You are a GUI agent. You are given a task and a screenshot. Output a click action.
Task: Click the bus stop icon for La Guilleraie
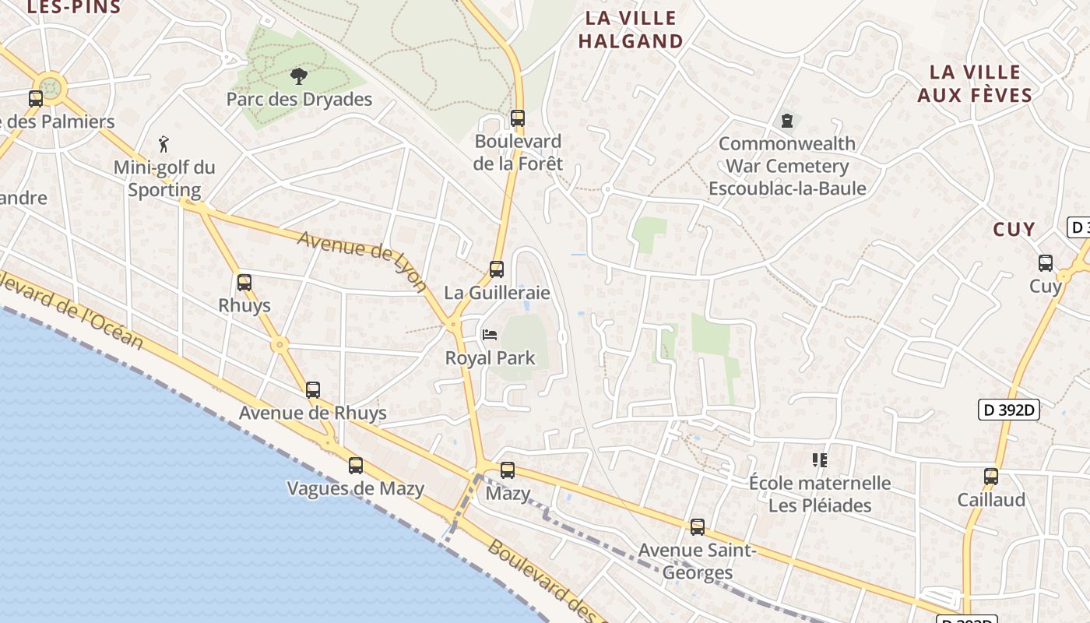[x=497, y=269]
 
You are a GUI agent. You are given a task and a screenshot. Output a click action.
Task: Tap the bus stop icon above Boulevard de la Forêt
[x=518, y=118]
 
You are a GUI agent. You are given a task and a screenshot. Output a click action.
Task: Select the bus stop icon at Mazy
[x=508, y=470]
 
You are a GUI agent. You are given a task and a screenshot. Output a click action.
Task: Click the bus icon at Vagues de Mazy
[x=356, y=466]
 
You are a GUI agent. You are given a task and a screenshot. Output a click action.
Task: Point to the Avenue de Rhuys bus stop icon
[x=313, y=390]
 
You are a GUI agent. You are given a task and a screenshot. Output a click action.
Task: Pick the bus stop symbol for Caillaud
[x=991, y=477]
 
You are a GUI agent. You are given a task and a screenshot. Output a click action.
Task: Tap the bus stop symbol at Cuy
[x=1046, y=263]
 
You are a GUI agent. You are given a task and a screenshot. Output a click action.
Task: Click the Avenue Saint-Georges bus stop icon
[x=698, y=527]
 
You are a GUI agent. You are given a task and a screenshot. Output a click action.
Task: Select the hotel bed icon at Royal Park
[x=490, y=335]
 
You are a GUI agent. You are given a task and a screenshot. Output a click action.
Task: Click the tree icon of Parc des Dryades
[x=298, y=76]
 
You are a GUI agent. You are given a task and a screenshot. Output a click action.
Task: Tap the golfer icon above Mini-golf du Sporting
[x=163, y=144]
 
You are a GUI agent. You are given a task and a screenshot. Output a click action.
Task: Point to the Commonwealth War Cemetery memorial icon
[x=787, y=121]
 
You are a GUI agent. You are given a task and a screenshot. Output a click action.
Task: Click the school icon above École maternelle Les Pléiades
[x=819, y=460]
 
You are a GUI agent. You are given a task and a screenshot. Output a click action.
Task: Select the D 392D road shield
[x=1009, y=410]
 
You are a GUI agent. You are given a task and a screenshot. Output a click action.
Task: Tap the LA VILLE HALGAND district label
[x=631, y=30]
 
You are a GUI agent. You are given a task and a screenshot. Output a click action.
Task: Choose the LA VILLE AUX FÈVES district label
[x=975, y=83]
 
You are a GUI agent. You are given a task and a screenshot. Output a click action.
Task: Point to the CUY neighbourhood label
[x=1014, y=229]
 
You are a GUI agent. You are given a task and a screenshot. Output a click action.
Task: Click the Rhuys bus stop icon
[x=244, y=283]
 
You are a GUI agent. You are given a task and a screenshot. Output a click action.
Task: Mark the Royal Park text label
[x=490, y=358]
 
